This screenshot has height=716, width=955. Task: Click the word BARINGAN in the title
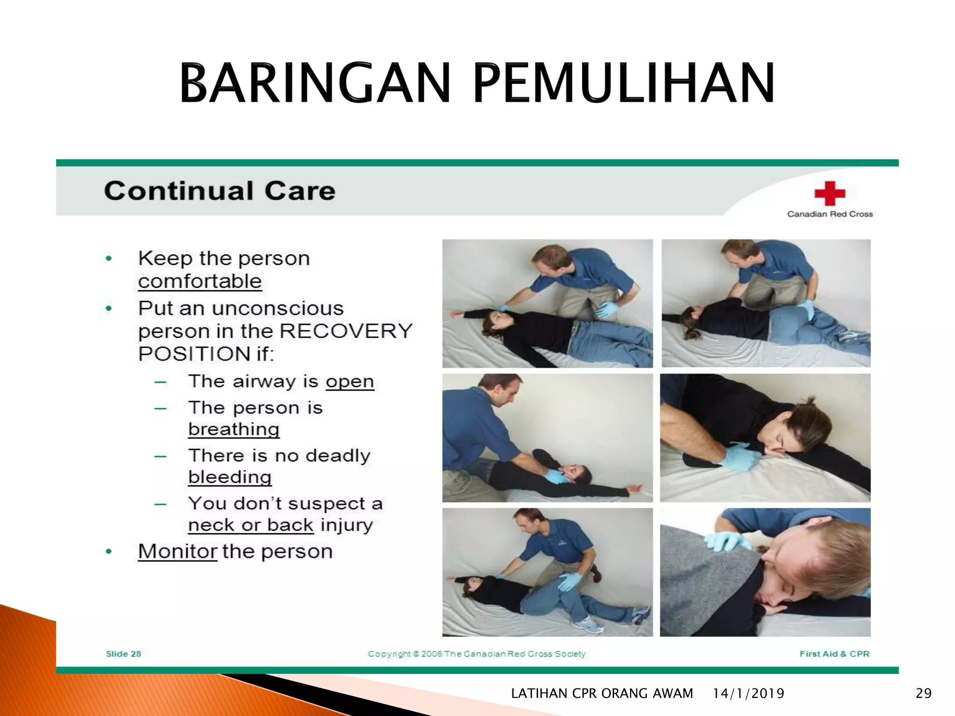pyautogui.click(x=315, y=84)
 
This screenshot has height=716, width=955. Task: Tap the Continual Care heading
pyautogui.click(x=220, y=191)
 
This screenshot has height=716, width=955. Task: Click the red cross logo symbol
pyautogui.click(x=830, y=193)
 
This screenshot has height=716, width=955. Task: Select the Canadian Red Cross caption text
pyautogui.click(x=830, y=214)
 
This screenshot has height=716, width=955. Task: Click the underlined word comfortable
pyautogui.click(x=200, y=282)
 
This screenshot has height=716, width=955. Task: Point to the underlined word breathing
pyautogui.click(x=234, y=429)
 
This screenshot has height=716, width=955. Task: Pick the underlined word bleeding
pyautogui.click(x=230, y=477)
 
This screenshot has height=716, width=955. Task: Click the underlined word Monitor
pyautogui.click(x=178, y=551)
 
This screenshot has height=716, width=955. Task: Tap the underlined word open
pyautogui.click(x=350, y=382)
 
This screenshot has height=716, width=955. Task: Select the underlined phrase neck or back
pyautogui.click(x=251, y=525)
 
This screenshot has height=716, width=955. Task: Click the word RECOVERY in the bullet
pyautogui.click(x=346, y=331)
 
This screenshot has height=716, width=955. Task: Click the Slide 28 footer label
pyautogui.click(x=124, y=654)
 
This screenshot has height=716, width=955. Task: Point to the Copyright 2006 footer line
pyautogui.click(x=477, y=654)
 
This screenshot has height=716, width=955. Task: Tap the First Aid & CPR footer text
pyautogui.click(x=834, y=654)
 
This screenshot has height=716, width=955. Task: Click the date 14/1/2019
pyautogui.click(x=748, y=694)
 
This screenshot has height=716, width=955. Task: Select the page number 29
pyautogui.click(x=923, y=694)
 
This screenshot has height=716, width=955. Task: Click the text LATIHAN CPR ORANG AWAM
pyautogui.click(x=602, y=694)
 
